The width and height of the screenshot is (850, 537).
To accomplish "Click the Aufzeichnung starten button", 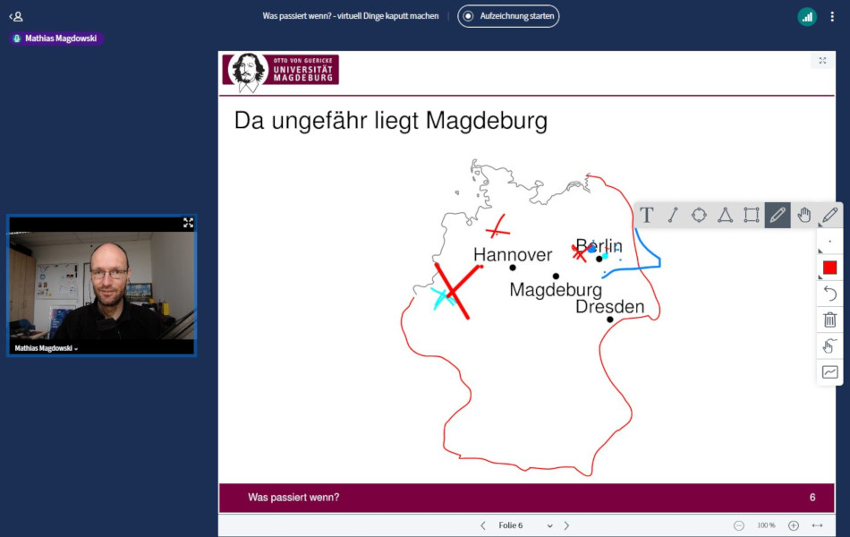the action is click(x=508, y=16).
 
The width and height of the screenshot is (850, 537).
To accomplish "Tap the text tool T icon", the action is click(x=646, y=216).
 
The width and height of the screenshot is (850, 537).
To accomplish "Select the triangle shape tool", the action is click(x=725, y=216).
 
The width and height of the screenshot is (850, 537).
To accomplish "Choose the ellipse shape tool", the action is click(x=699, y=216).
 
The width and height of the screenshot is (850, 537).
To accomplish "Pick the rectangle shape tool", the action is click(x=752, y=216).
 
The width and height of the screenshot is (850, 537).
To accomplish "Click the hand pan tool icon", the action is click(x=804, y=216).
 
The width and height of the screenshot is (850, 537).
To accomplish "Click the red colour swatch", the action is click(x=829, y=268).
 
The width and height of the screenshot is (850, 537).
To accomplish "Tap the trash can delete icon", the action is click(x=830, y=320).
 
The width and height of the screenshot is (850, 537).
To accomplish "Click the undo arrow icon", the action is click(x=830, y=294).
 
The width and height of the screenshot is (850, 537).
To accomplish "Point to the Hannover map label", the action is click(x=513, y=254).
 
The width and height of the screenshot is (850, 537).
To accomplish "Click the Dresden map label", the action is click(x=610, y=306).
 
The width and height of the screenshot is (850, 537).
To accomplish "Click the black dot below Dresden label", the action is click(x=610, y=320).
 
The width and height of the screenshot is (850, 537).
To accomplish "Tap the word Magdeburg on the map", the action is click(x=556, y=290).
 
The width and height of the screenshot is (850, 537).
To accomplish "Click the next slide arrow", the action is click(x=566, y=525).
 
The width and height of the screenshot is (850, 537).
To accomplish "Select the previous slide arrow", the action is click(x=482, y=525).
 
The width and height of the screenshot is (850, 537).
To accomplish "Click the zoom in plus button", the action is click(x=793, y=525).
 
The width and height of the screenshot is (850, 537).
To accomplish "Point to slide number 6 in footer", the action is click(x=812, y=498).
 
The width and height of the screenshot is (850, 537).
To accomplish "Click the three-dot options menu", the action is click(x=832, y=17).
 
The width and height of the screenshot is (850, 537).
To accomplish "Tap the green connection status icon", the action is click(x=807, y=17).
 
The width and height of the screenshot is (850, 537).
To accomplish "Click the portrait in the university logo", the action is click(x=248, y=72).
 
